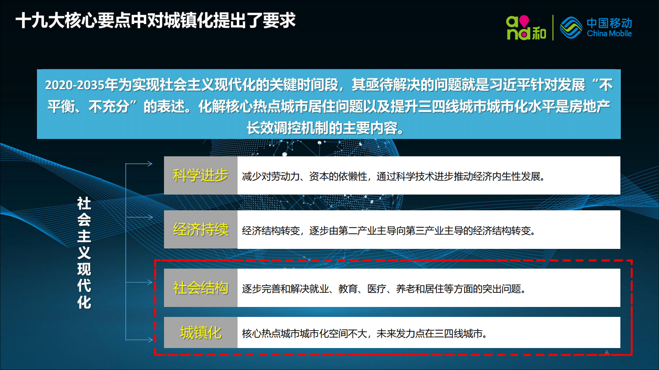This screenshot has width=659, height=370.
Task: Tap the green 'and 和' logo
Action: pos(526,28)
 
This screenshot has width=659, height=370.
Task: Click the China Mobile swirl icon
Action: pos(571,28)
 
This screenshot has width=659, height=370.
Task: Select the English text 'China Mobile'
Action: pos(609,34)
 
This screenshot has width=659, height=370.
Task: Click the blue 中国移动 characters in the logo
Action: pos(609,23)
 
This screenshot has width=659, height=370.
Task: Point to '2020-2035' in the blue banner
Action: pos(74,85)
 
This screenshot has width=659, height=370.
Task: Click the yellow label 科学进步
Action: pos(201,175)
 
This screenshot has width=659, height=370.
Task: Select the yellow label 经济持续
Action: pos(201,229)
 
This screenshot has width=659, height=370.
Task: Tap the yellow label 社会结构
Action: pos(201,288)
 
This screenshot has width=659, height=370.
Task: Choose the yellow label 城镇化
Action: pos(201,333)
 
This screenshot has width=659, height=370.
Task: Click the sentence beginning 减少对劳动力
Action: pos(393,177)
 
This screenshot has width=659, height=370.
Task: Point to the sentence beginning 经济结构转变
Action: pos(388,231)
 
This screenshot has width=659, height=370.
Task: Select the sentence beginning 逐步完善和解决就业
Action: pos(384,289)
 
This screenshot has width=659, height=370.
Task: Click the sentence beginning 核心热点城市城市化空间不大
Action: pos(364,333)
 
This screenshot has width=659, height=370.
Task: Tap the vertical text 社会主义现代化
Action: pos(84,253)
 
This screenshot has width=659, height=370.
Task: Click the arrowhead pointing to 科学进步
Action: pos(150,164)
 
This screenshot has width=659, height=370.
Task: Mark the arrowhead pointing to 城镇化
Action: pos(150,340)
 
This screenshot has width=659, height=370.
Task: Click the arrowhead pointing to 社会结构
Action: pos(150,282)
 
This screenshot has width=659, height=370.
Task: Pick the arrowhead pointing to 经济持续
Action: pos(150,217)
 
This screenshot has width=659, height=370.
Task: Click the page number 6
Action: pos(607,353)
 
